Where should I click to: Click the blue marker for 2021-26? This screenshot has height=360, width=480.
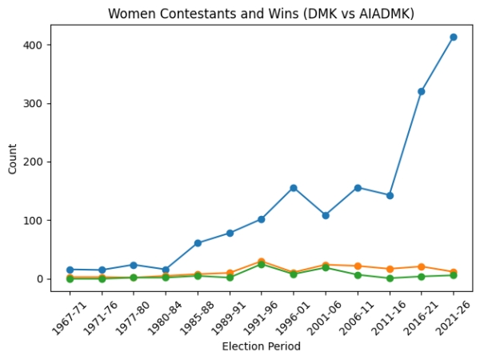coord(453,37)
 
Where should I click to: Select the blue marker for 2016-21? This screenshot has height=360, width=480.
coord(421,91)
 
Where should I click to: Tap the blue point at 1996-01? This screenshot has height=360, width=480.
coord(294,188)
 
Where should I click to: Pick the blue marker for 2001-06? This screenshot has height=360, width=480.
coord(326,215)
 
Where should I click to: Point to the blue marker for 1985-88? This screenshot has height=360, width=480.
coord(198,243)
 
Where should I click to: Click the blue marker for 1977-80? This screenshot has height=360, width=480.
coord(134,265)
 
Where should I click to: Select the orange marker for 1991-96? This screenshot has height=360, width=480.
coord(262,262)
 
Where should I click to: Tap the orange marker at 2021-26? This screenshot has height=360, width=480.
coord(453,272)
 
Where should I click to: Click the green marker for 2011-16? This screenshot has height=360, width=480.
coord(390,278)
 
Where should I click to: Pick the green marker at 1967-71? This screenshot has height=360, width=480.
coord(70,278)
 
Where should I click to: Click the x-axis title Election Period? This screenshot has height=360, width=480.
coord(261,346)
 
